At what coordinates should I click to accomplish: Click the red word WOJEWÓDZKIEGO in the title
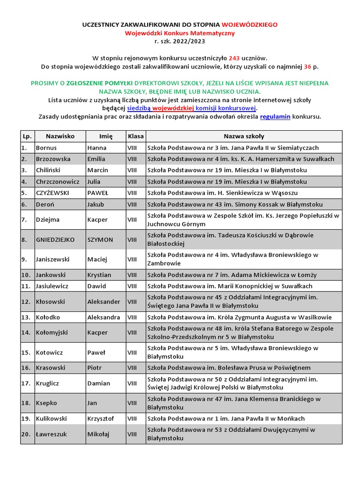249,24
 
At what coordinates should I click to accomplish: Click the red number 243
235,58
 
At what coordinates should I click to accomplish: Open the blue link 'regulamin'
275,117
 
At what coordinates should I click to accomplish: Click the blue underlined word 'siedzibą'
139,108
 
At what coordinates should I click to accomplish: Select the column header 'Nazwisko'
60,136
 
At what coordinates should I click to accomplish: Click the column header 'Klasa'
135,136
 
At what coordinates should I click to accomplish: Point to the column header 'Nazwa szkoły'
244,136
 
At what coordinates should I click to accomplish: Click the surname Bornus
46,148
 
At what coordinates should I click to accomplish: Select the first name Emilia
96,159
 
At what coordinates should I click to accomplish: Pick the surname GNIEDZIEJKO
55,240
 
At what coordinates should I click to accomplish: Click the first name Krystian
99,275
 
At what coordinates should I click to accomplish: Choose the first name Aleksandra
104,317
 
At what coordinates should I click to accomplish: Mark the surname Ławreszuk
51,434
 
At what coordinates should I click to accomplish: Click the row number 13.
26,317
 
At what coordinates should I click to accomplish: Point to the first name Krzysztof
100,419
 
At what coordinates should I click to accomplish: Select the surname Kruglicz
47,383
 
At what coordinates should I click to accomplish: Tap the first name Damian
98,383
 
